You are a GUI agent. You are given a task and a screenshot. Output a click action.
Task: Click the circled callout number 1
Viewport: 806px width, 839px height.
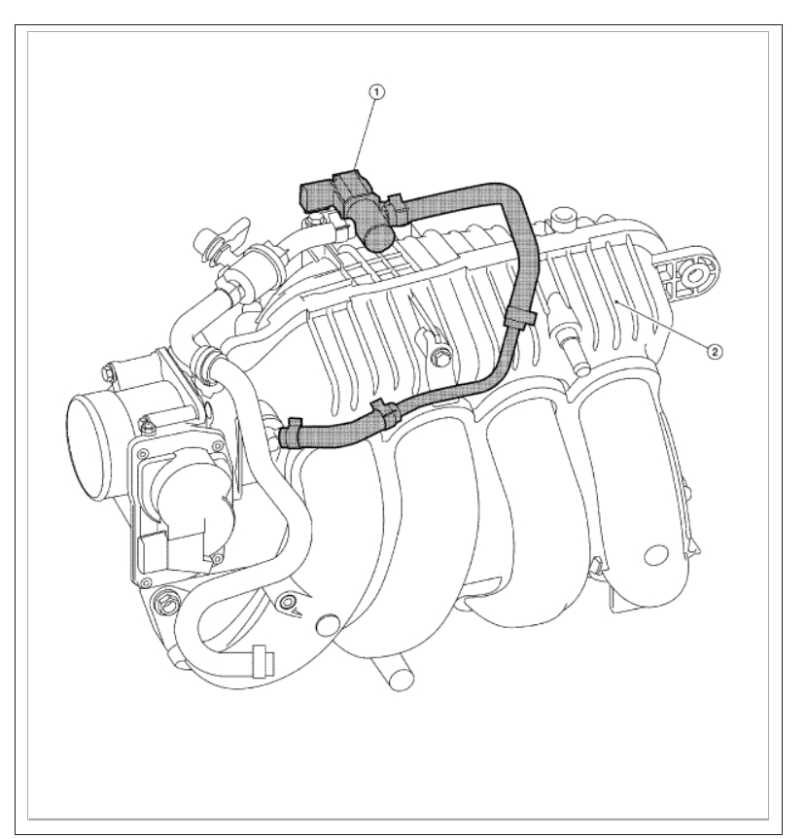[x=377, y=92]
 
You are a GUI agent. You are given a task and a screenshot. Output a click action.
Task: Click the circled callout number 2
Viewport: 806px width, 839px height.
[x=715, y=352]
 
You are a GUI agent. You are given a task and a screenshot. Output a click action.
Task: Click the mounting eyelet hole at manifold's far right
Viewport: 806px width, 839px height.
[x=695, y=275]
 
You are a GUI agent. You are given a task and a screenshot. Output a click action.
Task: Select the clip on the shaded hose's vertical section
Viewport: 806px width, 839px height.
[x=520, y=317]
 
